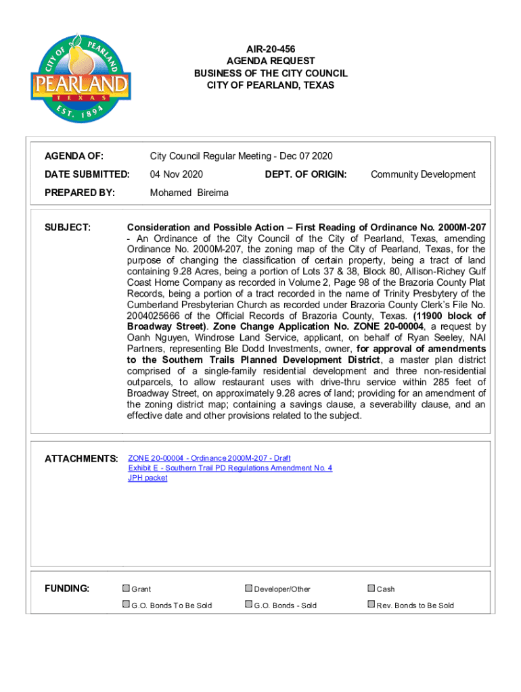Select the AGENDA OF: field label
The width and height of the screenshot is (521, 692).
coord(74,157)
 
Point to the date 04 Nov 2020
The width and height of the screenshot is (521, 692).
coord(176,174)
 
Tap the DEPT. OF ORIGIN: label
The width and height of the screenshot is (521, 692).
coord(306,174)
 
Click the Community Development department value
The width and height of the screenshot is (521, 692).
coord(423,174)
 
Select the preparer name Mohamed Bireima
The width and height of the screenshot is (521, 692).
coord(189,193)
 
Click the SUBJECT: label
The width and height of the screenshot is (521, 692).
coord(67,227)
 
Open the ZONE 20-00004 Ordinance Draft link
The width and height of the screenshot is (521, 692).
coord(209,458)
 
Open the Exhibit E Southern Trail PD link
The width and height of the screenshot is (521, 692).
coord(230,468)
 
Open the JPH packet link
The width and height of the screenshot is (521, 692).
coord(148,478)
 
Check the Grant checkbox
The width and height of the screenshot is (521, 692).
coord(126,589)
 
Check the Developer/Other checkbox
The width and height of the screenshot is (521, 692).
coord(248,589)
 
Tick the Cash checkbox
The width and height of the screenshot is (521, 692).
coord(371,589)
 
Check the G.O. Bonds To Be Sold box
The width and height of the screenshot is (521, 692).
coord(126,605)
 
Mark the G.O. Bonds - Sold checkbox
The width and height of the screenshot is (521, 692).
coord(248,605)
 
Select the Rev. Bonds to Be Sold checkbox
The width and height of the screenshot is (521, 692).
coord(371,605)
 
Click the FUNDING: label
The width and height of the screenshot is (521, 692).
coord(67,589)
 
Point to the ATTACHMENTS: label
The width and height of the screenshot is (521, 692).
coord(81,460)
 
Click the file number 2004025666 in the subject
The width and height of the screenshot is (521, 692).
coord(158,316)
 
